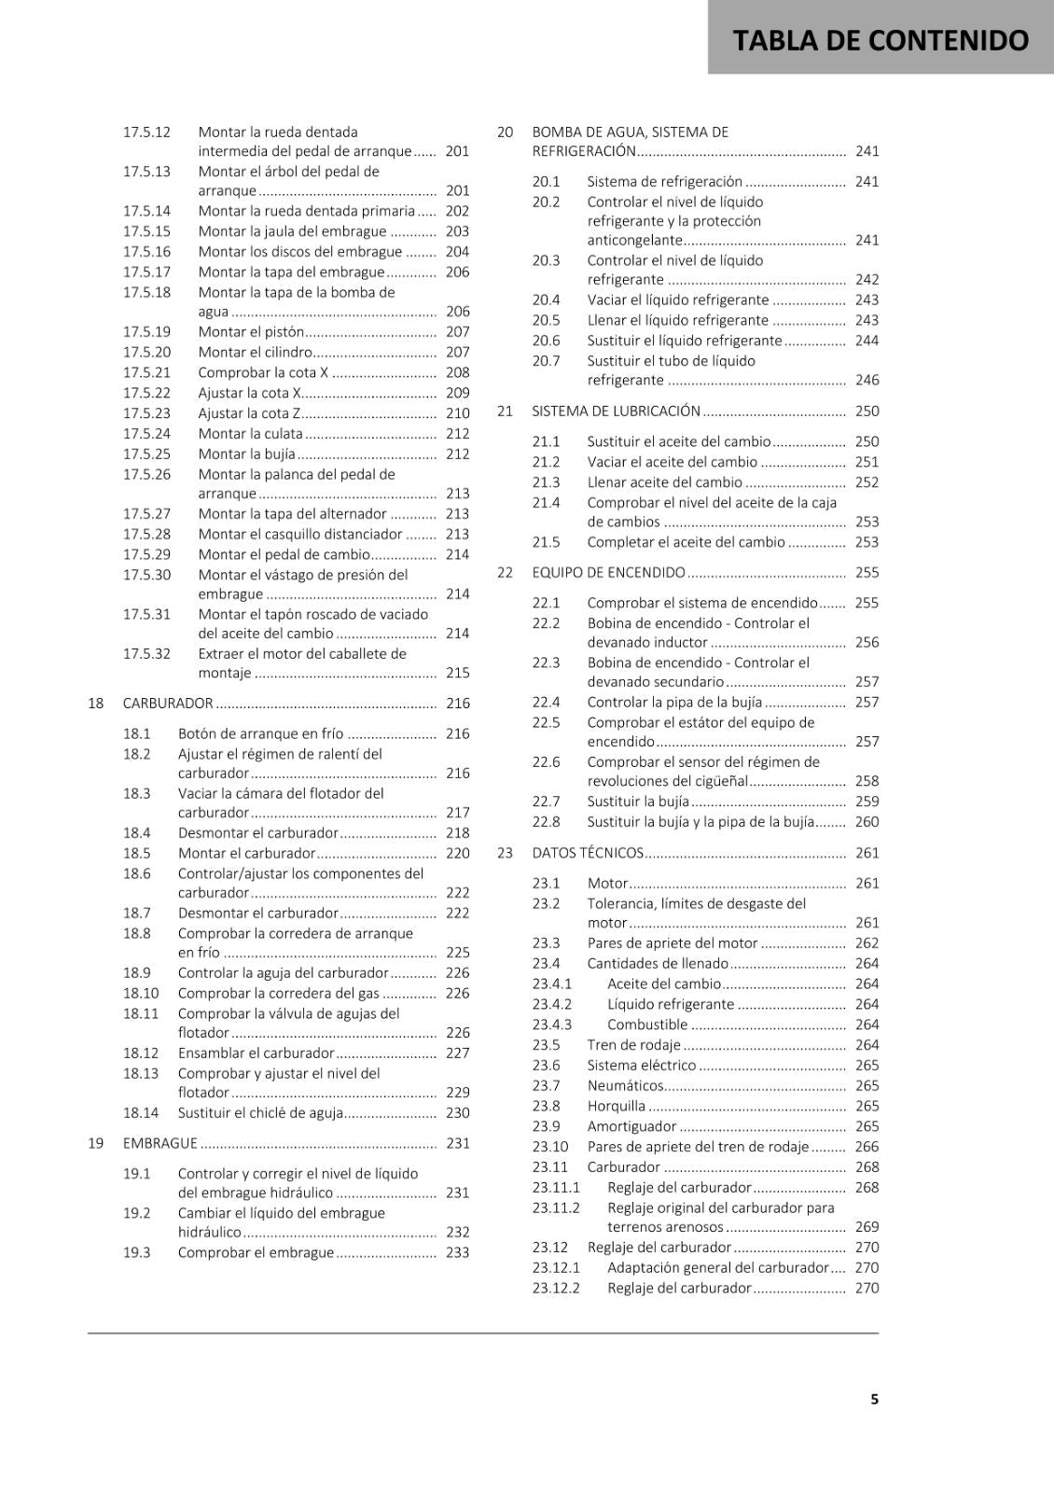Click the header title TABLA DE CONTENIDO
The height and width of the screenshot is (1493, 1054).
tap(881, 40)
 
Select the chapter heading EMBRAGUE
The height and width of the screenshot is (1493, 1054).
tap(160, 1144)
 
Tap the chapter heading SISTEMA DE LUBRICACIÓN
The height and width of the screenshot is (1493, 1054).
tap(616, 412)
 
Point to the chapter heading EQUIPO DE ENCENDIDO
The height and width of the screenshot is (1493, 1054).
tap(608, 573)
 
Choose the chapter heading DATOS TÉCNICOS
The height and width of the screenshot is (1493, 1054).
tap(588, 853)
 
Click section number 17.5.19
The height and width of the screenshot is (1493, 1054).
tap(146, 332)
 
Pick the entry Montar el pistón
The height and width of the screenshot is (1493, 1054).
tap(251, 332)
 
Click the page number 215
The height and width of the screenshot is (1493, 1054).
tap(457, 673)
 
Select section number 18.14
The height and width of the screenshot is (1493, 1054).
tap(141, 1113)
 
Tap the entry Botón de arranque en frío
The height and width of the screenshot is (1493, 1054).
tap(260, 734)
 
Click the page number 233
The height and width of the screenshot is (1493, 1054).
tap(457, 1253)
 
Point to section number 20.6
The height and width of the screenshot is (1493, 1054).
tap(546, 342)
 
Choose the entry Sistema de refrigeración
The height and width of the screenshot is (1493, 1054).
tap(664, 182)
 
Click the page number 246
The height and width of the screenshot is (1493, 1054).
tap(867, 381)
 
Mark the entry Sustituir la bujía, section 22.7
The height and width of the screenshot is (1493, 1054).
tap(638, 802)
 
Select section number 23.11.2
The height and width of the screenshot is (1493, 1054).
tap(556, 1208)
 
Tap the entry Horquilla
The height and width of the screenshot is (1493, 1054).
tap(616, 1107)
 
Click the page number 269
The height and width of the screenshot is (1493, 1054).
tap(867, 1228)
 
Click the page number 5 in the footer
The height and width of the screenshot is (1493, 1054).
tap(874, 1400)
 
